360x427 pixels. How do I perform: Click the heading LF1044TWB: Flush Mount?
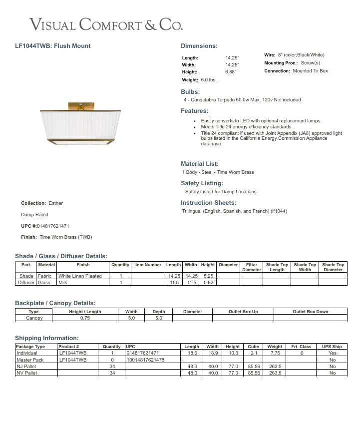point(53,46)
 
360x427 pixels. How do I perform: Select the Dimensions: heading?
point(199,46)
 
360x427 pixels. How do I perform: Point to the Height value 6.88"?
point(231,72)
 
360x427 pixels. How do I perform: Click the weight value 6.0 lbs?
point(208,80)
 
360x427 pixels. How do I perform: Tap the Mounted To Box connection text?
point(310,71)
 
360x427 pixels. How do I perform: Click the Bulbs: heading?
point(190,92)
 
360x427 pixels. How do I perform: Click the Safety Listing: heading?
point(201,183)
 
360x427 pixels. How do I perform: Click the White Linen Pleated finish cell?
point(80,276)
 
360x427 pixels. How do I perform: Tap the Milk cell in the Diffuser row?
point(63,283)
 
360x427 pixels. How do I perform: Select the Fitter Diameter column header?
point(251,267)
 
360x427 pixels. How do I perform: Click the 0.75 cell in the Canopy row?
point(85,318)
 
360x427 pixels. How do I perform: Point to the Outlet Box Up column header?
point(243,312)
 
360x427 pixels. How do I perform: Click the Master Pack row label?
point(30,360)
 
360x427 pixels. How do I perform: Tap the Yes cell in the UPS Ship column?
point(333,353)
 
